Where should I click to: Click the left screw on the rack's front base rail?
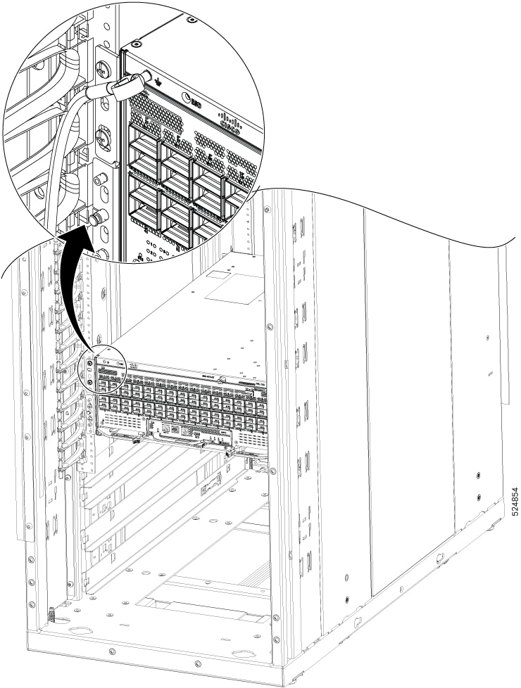(112, 645)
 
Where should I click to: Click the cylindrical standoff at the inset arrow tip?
(94, 220)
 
